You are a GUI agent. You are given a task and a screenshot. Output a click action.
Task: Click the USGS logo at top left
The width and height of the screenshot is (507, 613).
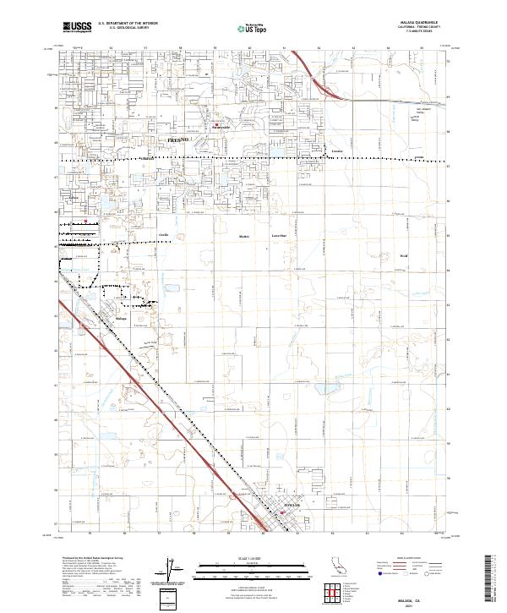pos(77,27)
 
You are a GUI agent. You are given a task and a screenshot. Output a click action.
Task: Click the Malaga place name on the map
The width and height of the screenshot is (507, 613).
pos(121,318)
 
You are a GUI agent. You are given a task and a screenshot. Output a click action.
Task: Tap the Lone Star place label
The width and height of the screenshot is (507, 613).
pos(277,236)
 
